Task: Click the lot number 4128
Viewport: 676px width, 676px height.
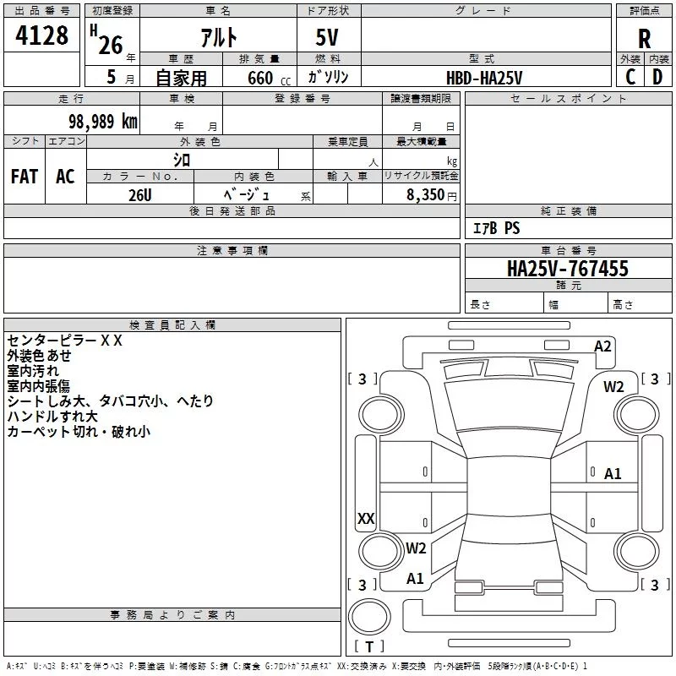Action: coord(41,35)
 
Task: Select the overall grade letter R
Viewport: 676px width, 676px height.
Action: coord(644,39)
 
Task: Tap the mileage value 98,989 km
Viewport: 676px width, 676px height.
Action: coord(103,122)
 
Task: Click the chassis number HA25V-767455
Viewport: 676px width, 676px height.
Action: coord(568,269)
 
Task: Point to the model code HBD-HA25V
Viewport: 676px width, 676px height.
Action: coord(484,78)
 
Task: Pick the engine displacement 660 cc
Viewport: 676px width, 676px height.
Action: coord(269,79)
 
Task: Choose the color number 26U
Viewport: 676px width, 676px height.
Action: coord(140,195)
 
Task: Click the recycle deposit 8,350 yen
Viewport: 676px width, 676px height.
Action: coord(431,195)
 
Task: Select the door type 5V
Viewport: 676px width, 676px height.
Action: coord(327,37)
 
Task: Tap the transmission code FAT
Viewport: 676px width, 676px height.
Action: coord(25,177)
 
